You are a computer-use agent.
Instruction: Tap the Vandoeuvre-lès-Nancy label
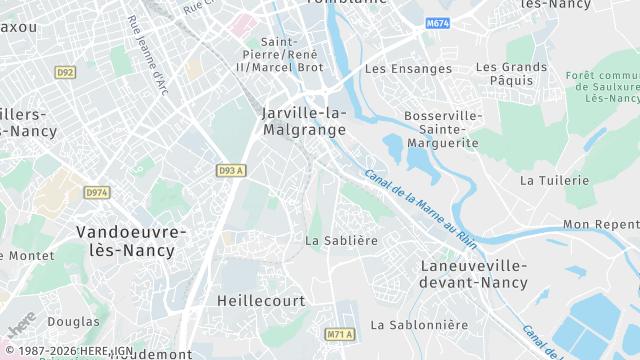(131, 241)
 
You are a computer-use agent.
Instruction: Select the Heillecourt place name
(259, 300)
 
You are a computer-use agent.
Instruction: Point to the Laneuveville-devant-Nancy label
(473, 274)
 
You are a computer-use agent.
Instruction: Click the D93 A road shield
(231, 171)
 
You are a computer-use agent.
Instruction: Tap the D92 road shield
(66, 73)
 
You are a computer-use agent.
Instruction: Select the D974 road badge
(97, 192)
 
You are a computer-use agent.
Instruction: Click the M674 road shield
(437, 23)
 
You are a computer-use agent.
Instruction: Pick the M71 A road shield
(340, 334)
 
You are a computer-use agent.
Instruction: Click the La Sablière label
(342, 241)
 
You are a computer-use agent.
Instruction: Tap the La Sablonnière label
(419, 325)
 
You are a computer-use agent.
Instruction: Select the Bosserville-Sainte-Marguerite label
(442, 130)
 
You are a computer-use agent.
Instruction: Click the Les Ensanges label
(409, 69)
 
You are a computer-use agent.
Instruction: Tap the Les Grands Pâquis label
(511, 75)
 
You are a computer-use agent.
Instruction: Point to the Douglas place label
(73, 322)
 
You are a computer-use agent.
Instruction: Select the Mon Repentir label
(601, 225)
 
